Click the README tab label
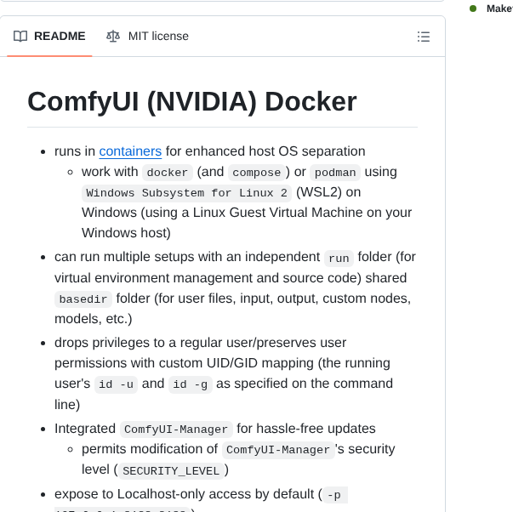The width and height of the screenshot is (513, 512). click(x=60, y=37)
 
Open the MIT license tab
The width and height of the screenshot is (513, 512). click(x=158, y=37)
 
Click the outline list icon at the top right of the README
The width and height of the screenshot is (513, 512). click(x=423, y=37)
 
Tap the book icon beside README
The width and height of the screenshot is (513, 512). click(x=20, y=37)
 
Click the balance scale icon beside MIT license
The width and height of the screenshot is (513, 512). click(x=113, y=37)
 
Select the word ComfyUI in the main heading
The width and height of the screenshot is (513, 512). click(x=82, y=101)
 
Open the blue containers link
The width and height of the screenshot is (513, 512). click(x=130, y=151)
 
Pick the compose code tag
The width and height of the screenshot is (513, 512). click(x=256, y=173)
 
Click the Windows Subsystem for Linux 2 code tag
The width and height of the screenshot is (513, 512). click(x=181, y=193)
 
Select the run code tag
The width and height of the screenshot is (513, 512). click(x=339, y=258)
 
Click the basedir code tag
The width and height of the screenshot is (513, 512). click(x=83, y=299)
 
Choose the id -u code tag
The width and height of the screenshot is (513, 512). click(x=115, y=384)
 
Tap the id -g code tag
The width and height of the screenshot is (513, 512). click(x=190, y=384)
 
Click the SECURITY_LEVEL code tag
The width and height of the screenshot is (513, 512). click(x=171, y=470)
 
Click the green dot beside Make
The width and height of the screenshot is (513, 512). click(x=473, y=9)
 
